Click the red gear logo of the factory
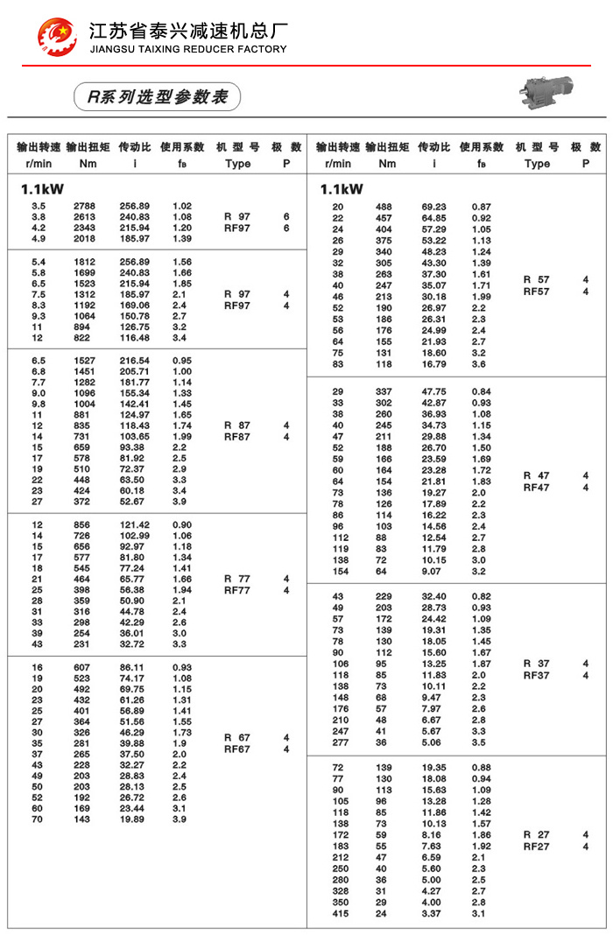click(x=56, y=35)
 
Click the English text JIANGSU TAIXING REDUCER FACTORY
click(x=187, y=50)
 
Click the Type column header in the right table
click(x=537, y=163)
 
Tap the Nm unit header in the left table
click(x=88, y=163)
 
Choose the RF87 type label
click(x=237, y=436)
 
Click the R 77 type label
click(x=237, y=579)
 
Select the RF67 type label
click(x=237, y=749)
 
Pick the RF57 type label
click(x=537, y=292)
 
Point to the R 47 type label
click(x=537, y=475)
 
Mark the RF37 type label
click(x=537, y=675)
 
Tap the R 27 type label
click(x=537, y=835)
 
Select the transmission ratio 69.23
click(x=434, y=207)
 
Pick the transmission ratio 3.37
click(x=434, y=914)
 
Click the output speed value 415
click(x=339, y=914)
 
